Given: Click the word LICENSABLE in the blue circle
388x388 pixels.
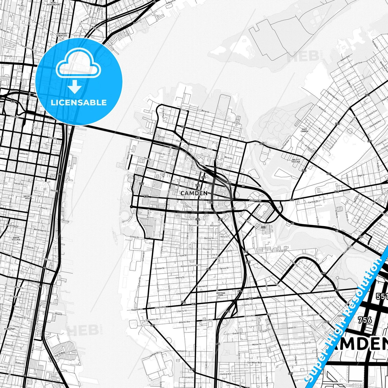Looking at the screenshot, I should pyautogui.click(x=79, y=103).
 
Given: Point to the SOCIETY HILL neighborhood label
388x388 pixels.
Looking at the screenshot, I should pyautogui.click(x=28, y=197).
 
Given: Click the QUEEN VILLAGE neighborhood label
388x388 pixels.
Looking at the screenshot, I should pyautogui.click(x=16, y=238).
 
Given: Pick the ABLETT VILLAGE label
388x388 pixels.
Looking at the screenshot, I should pyautogui.click(x=296, y=161).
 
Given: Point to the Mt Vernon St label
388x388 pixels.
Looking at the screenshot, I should pyautogui.click(x=202, y=286).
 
